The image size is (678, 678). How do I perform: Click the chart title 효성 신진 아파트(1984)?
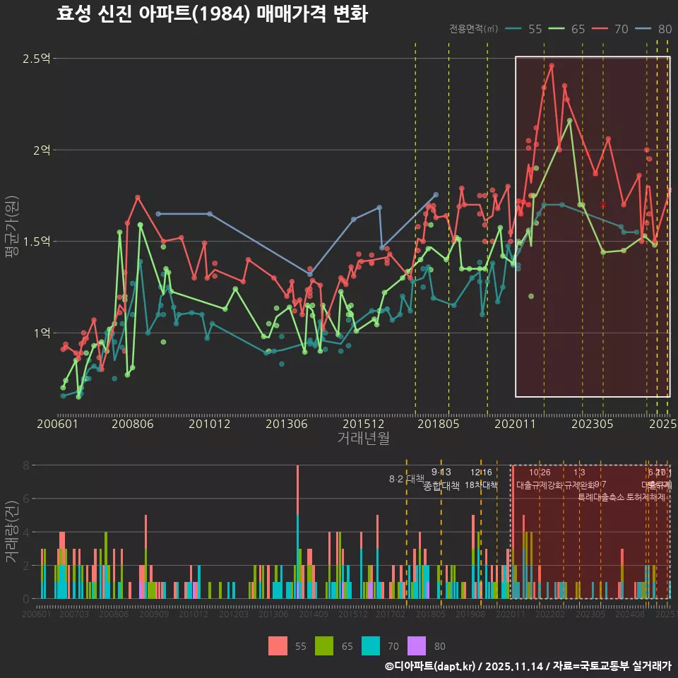pyautogui.click(x=212, y=14)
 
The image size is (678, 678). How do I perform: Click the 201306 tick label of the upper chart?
pyautogui.click(x=285, y=424)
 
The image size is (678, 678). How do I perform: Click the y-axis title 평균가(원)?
pyautogui.click(x=12, y=226)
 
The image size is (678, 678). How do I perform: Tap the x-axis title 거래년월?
pyautogui.click(x=363, y=439)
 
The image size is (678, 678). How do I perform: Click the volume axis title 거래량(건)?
pyautogui.click(x=12, y=532)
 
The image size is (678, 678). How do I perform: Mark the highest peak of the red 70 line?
pyautogui.click(x=552, y=65)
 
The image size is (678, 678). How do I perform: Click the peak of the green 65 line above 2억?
pyautogui.click(x=569, y=120)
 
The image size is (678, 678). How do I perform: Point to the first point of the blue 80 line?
pyautogui.click(x=157, y=213)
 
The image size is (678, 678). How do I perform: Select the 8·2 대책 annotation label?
pyautogui.click(x=406, y=479)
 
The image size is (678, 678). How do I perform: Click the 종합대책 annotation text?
pyautogui.click(x=441, y=486)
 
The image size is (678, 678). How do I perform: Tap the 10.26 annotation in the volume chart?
pyautogui.click(x=540, y=472)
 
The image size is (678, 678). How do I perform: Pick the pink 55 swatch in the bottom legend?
pyautogui.click(x=278, y=646)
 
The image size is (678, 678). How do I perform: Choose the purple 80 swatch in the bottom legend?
pyautogui.click(x=417, y=646)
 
